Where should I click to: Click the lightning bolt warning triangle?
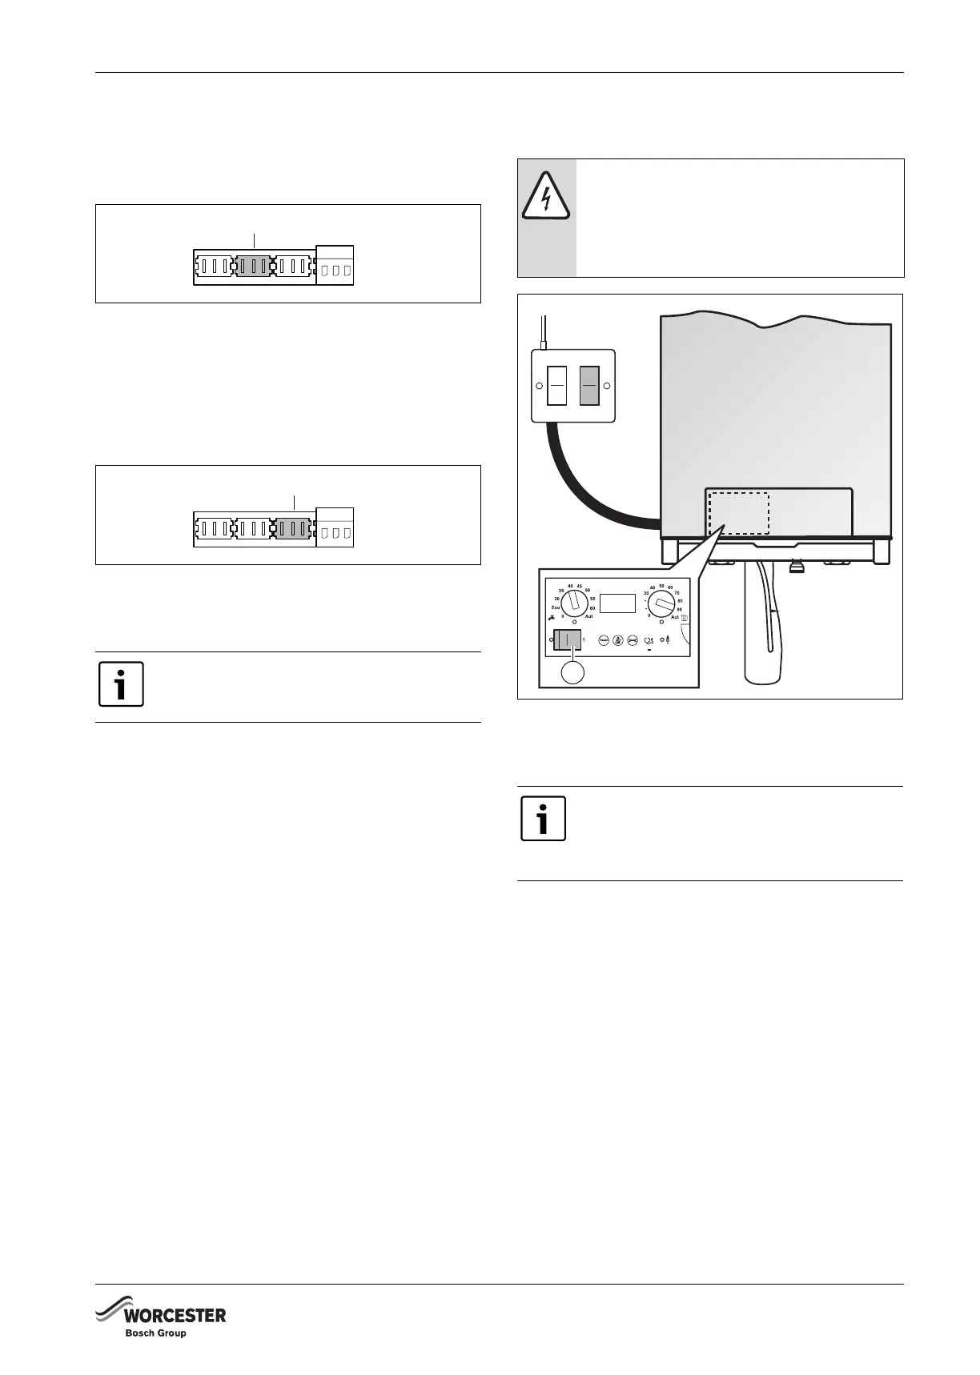(x=545, y=196)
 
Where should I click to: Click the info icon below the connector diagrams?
(x=121, y=684)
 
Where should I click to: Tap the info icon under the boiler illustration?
(x=543, y=818)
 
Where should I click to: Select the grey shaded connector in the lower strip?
(x=294, y=528)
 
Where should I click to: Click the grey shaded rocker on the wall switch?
(x=589, y=385)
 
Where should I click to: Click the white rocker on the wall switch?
(x=556, y=385)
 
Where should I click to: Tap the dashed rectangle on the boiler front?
(x=737, y=513)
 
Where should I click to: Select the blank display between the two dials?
(x=617, y=603)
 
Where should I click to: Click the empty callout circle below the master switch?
(x=573, y=672)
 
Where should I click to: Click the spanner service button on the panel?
(x=633, y=640)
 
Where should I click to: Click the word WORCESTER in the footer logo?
(x=174, y=1316)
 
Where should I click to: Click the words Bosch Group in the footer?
(x=155, y=1333)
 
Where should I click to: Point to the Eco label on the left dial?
(x=554, y=608)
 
